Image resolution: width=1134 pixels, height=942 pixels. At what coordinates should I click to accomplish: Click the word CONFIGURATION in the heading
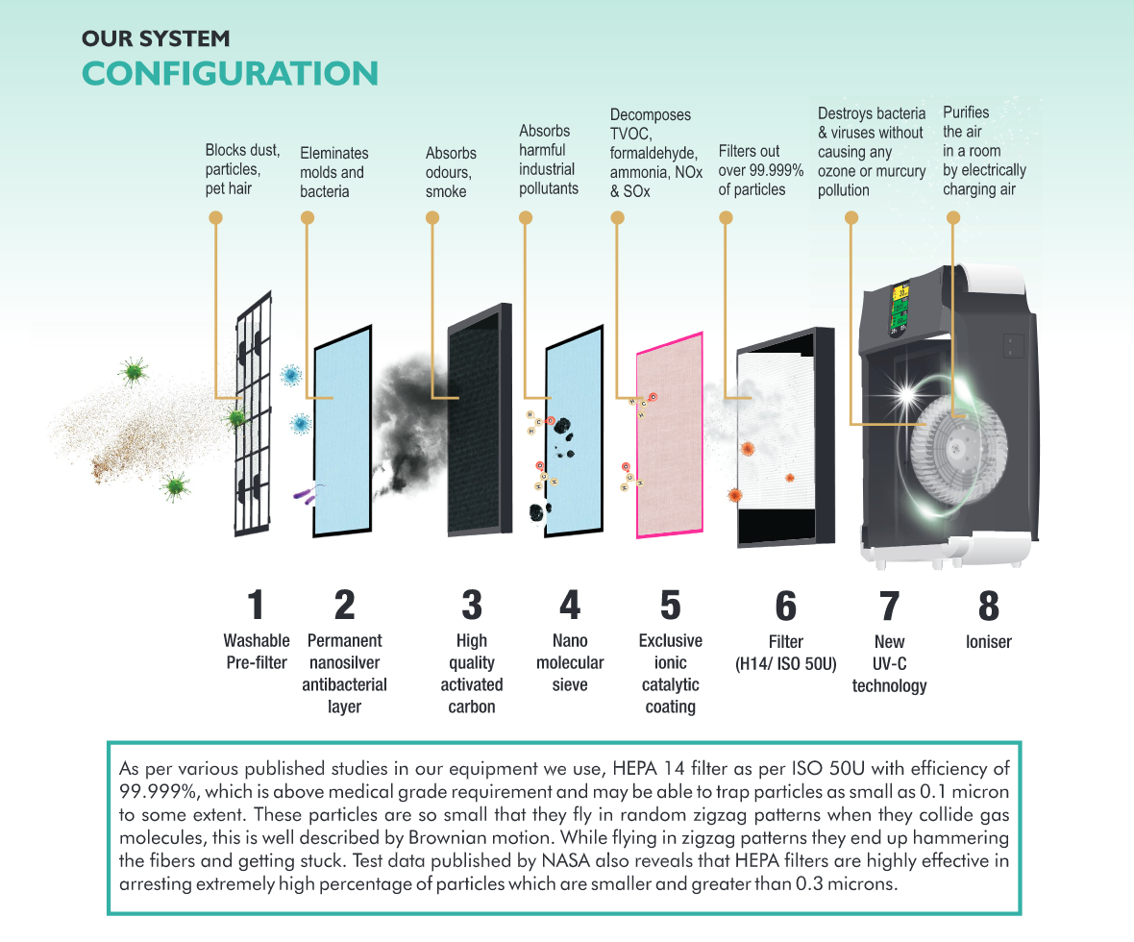point(230,74)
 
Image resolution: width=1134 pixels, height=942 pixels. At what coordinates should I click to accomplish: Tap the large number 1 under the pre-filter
point(255,606)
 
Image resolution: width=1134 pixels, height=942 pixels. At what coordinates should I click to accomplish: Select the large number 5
point(670,606)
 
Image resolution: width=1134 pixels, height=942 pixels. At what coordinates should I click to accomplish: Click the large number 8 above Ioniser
point(988,606)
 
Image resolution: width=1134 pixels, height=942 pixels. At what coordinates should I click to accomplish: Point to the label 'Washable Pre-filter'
point(257,651)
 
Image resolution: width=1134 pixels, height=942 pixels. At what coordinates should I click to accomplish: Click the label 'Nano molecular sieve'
point(570,662)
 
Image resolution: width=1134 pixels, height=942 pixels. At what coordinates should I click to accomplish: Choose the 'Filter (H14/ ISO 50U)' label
point(786,652)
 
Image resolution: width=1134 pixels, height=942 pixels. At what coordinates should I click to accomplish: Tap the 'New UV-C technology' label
point(889,663)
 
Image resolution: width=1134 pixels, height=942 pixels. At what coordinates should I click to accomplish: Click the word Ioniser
point(988,641)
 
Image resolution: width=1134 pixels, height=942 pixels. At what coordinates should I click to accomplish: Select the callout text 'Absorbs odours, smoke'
point(450,172)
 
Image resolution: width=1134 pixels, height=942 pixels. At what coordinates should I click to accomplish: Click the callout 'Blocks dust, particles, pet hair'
point(242,169)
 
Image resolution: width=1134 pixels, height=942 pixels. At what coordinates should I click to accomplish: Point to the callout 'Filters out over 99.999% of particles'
point(761,170)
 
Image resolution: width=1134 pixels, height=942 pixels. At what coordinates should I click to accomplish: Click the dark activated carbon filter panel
point(478,423)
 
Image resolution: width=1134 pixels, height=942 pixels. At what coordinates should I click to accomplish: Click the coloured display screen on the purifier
point(900,309)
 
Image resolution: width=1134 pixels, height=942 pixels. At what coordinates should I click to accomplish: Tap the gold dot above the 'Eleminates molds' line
point(307,218)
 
